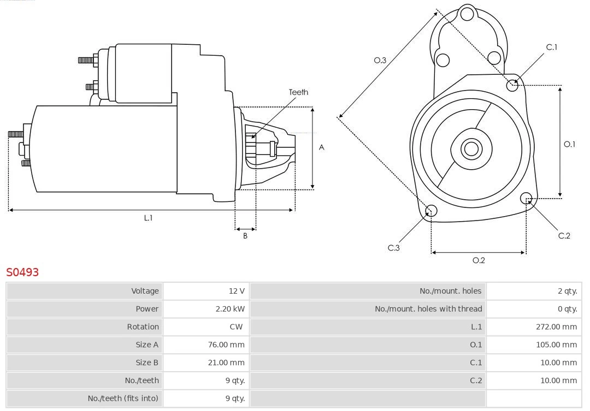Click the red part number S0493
(22, 272)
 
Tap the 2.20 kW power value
(230, 309)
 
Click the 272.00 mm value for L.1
(556, 327)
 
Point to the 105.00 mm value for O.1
(556, 344)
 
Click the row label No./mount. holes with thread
(428, 309)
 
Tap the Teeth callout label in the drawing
(298, 92)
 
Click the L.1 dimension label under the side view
(148, 218)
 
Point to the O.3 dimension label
(380, 61)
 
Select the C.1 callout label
(552, 47)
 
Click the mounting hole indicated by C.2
(526, 198)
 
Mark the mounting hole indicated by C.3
(431, 211)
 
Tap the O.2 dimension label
(479, 260)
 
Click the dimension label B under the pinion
(245, 236)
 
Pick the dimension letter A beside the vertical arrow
(322, 147)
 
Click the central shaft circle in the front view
(470, 148)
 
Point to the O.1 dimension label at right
(569, 144)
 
